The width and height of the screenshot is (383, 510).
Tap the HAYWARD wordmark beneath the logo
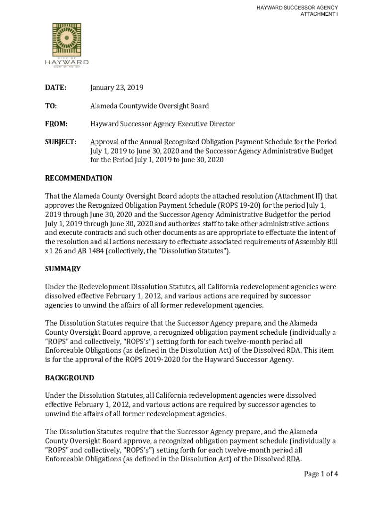pos(67,62)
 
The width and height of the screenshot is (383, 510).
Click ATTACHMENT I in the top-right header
pos(319,14)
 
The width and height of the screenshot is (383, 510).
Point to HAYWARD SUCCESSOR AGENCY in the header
pos(297,8)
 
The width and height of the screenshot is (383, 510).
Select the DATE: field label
pos(56,88)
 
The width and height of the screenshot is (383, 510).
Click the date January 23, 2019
pos(116,88)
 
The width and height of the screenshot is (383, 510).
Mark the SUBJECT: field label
pos(61,142)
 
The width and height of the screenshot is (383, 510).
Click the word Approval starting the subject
pos(105,142)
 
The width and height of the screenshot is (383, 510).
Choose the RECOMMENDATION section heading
pos(79,178)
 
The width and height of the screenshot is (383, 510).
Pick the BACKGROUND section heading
pos(69,378)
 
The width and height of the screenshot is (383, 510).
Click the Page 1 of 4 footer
pos(321,474)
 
